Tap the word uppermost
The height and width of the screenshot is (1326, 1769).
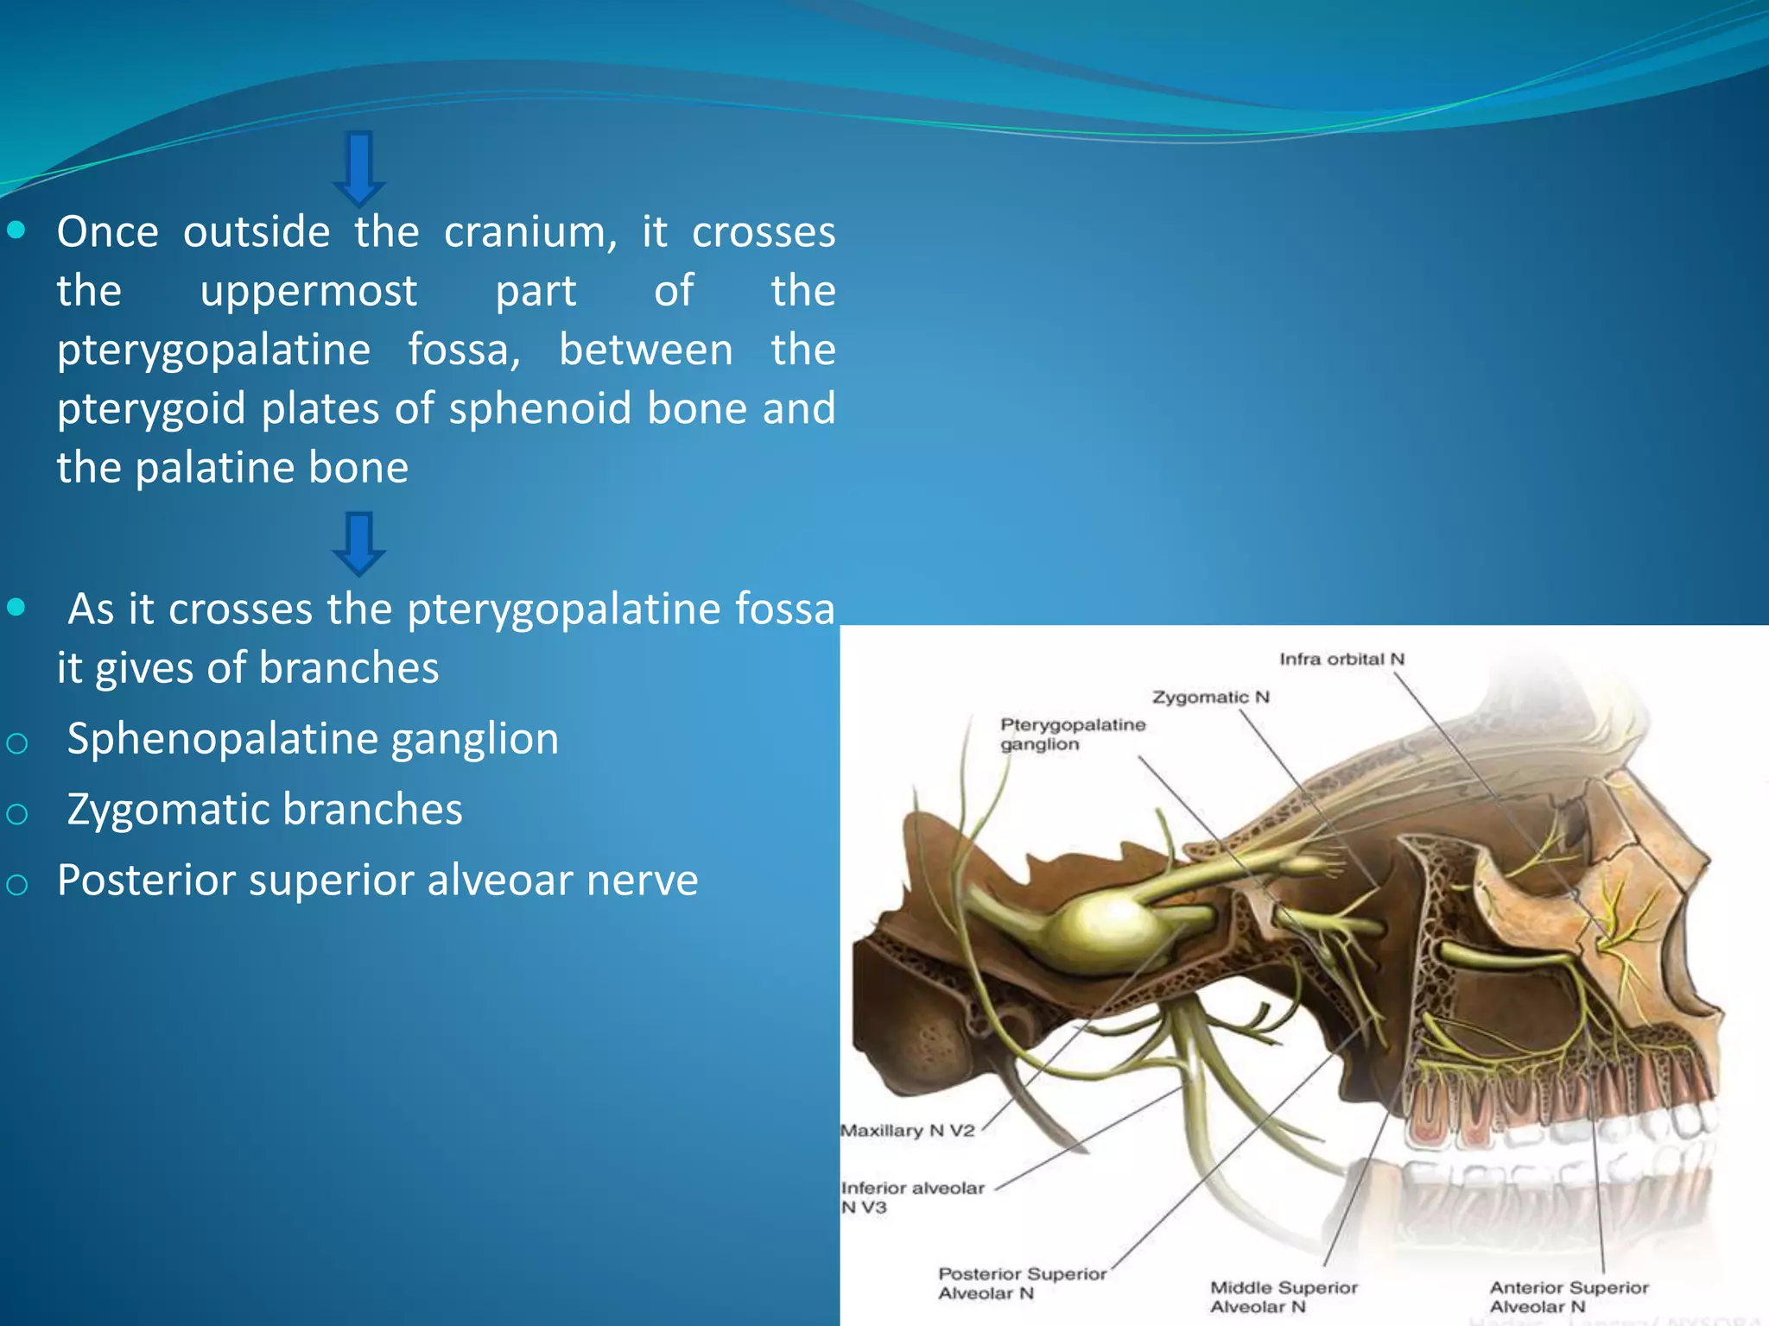click(x=308, y=291)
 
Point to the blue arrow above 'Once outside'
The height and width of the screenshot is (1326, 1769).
click(x=358, y=167)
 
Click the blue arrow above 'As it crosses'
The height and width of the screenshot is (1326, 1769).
click(x=358, y=543)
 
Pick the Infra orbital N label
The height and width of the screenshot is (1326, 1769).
click(x=1341, y=660)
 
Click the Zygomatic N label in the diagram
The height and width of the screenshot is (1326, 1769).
click(x=1210, y=697)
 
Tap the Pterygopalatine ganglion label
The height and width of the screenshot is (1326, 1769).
click(x=1072, y=734)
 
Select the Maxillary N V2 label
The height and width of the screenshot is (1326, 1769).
click(x=907, y=1130)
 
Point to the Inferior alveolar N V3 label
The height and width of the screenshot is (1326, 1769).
click(x=911, y=1197)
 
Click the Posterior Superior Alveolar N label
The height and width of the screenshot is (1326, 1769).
click(x=1021, y=1283)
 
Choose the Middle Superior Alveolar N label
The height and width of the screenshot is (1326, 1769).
click(x=1284, y=1297)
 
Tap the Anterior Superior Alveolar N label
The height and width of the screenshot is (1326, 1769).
click(x=1568, y=1297)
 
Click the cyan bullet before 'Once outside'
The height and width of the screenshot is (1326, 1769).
click(x=16, y=230)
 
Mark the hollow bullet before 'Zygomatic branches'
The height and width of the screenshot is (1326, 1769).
click(x=17, y=813)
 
